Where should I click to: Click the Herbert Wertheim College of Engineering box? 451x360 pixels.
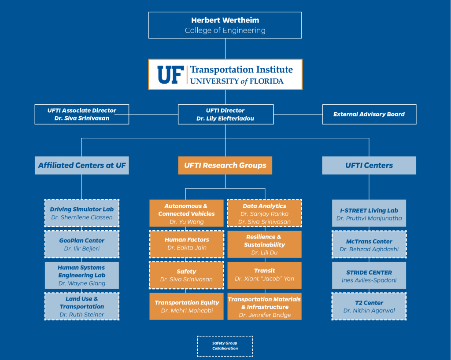225,25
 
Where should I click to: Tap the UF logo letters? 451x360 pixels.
170,75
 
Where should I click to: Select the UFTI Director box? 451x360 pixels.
225,114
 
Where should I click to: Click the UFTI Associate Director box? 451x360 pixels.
82,114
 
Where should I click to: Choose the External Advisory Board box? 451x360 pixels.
369,114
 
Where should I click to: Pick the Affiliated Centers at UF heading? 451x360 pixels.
82,165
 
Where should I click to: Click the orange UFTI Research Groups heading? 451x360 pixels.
225,165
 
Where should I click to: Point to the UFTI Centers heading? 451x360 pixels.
369,165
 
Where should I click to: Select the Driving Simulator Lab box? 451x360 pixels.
82,213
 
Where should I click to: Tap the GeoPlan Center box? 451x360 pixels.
82,244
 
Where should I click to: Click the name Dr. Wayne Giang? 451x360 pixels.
82,283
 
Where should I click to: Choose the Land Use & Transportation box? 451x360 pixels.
82,306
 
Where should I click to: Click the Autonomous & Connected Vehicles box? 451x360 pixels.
187,213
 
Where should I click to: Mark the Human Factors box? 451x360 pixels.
187,244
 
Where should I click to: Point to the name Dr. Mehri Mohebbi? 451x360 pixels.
187,311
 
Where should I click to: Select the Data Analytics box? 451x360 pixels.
264,213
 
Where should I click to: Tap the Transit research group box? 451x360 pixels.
264,275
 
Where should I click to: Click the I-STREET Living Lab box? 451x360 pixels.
369,214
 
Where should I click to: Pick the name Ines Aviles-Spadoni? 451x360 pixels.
369,280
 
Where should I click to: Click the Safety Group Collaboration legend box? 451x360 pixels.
225,346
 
